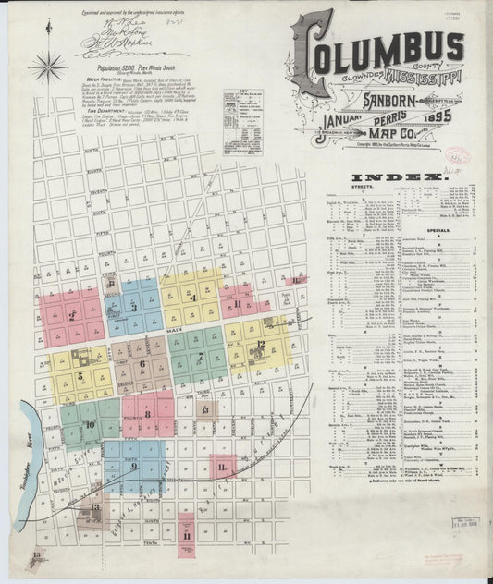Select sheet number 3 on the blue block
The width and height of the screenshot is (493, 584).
tap(134, 307)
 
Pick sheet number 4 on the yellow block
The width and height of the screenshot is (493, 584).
tap(192, 298)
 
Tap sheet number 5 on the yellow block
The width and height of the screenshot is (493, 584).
tap(80, 376)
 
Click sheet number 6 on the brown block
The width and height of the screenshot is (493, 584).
tap(142, 363)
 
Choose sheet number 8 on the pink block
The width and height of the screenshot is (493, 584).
tap(146, 415)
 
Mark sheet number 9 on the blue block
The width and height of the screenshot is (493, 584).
tap(135, 466)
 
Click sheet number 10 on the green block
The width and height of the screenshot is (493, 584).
tap(90, 425)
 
